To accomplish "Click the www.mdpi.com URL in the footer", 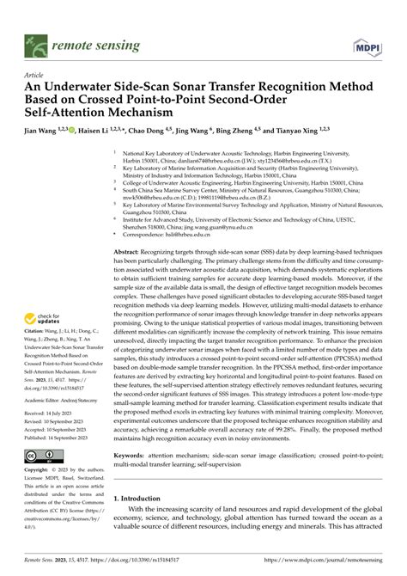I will click(336, 558).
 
